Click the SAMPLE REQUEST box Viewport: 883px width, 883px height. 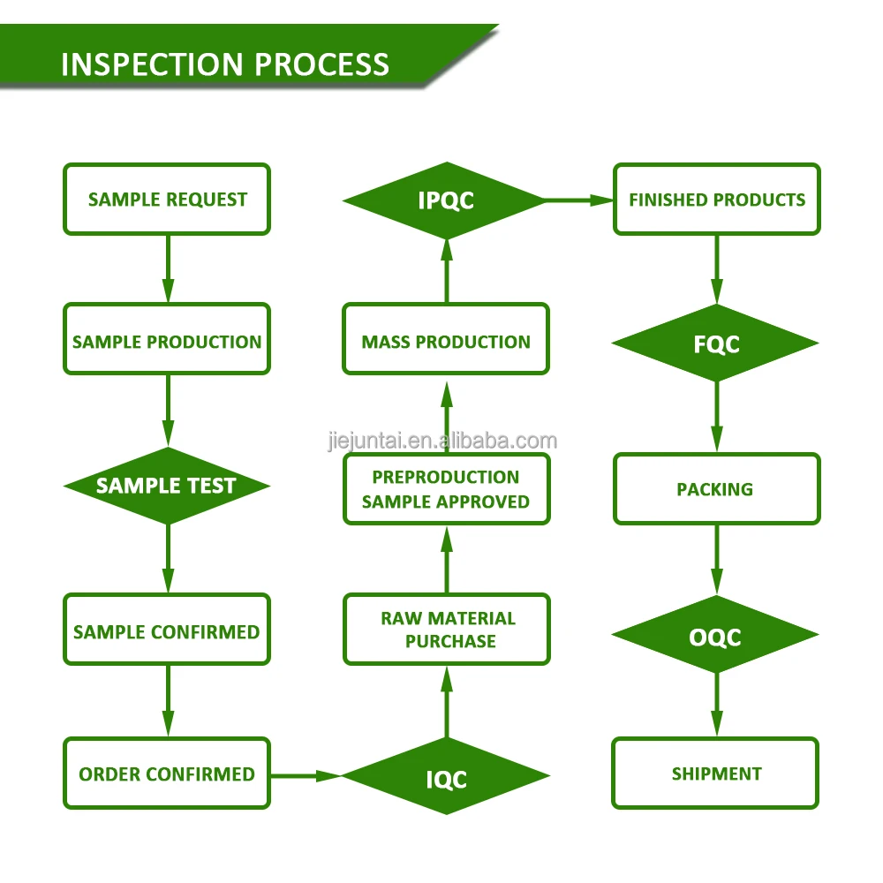point(167,200)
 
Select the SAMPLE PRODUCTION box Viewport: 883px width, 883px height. point(167,340)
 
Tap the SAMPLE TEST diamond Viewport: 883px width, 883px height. point(167,486)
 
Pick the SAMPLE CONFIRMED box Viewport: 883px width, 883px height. point(167,630)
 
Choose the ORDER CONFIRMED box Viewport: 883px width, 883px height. point(167,774)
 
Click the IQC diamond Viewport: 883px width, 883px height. point(446,778)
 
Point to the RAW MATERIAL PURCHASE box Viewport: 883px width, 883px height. point(446,629)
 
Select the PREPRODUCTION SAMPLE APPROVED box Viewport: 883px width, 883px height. point(446,489)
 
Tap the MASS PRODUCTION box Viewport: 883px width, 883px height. point(446,340)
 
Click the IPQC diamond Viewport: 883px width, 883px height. point(446,201)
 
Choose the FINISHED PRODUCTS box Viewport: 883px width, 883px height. point(716,200)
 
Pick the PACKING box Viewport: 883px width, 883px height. point(716,488)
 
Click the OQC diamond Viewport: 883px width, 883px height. point(716,636)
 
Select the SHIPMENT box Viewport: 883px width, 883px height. point(716,774)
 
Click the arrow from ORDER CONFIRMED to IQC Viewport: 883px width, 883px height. point(306,775)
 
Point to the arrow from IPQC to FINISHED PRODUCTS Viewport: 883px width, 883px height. point(579,200)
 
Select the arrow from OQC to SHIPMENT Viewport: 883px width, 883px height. point(716,705)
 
